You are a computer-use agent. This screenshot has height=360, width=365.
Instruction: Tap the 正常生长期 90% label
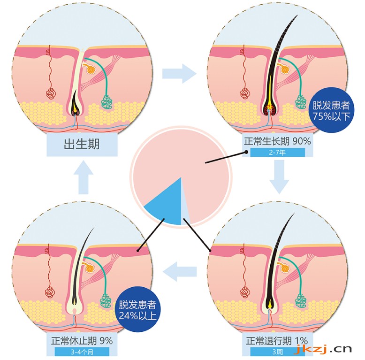tap(277, 141)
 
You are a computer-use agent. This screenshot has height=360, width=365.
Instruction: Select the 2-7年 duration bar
tap(277, 153)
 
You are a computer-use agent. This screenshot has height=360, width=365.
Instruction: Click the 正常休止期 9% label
tap(82, 341)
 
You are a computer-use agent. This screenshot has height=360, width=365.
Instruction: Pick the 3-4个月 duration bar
tap(82, 352)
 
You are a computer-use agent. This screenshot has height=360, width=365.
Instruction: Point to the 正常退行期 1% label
tap(277, 341)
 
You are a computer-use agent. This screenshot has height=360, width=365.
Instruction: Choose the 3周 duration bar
tap(277, 352)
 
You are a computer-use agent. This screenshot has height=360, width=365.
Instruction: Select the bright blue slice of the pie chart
tap(169, 205)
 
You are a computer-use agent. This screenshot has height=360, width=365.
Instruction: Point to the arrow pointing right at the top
tap(179, 74)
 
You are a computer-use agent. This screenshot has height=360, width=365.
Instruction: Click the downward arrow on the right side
tap(279, 177)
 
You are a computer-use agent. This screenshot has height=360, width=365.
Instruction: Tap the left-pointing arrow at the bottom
tap(180, 271)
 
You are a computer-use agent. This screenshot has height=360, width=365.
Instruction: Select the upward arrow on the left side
tap(84, 177)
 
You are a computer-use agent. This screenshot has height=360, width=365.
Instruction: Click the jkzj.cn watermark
tap(322, 349)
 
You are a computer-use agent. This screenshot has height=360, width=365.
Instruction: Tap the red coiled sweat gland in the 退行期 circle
tap(244, 292)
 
